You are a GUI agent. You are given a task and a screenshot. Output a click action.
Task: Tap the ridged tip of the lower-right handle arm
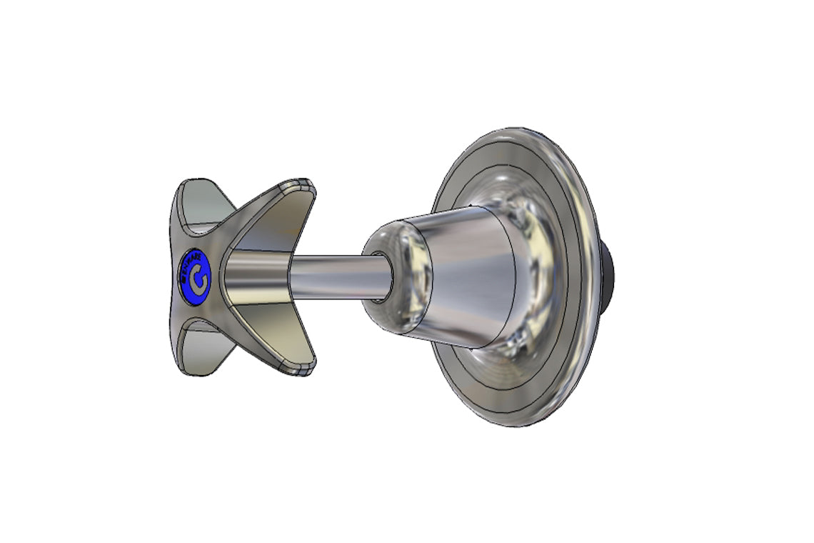click(x=300, y=368)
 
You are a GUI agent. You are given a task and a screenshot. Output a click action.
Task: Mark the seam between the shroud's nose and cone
click(x=426, y=275)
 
